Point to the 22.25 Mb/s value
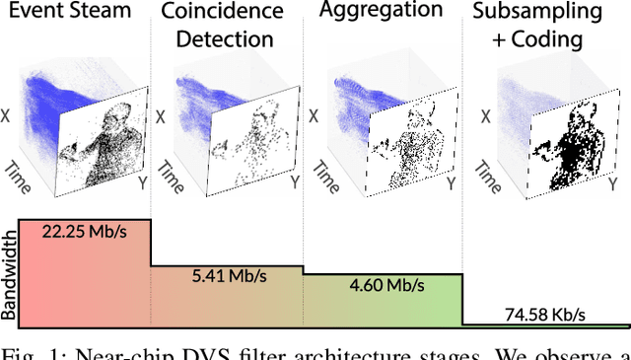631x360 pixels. (83, 231)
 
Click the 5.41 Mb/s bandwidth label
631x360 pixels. (229, 277)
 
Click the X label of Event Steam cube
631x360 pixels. (11, 116)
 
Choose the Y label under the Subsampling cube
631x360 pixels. (607, 183)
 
